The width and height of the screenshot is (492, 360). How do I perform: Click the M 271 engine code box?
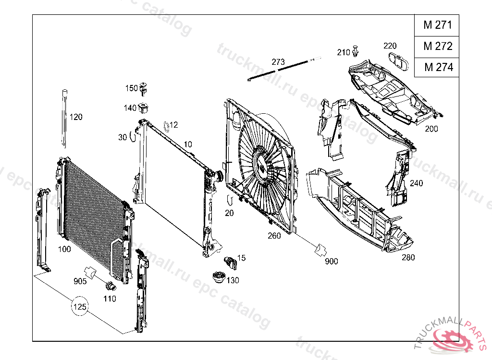click(437, 25)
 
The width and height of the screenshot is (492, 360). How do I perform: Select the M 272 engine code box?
click(437, 47)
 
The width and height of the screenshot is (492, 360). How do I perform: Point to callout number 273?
click(278, 62)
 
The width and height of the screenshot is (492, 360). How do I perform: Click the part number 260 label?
click(274, 236)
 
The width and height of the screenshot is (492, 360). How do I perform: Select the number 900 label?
click(331, 261)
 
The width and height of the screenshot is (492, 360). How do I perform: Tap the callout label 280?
click(408, 258)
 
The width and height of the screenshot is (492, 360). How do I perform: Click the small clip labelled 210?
click(356, 50)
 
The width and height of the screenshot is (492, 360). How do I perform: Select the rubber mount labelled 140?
click(144, 107)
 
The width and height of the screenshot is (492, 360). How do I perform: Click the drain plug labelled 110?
click(111, 287)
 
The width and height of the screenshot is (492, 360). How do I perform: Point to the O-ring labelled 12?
click(166, 126)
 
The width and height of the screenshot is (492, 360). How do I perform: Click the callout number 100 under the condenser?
click(64, 249)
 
